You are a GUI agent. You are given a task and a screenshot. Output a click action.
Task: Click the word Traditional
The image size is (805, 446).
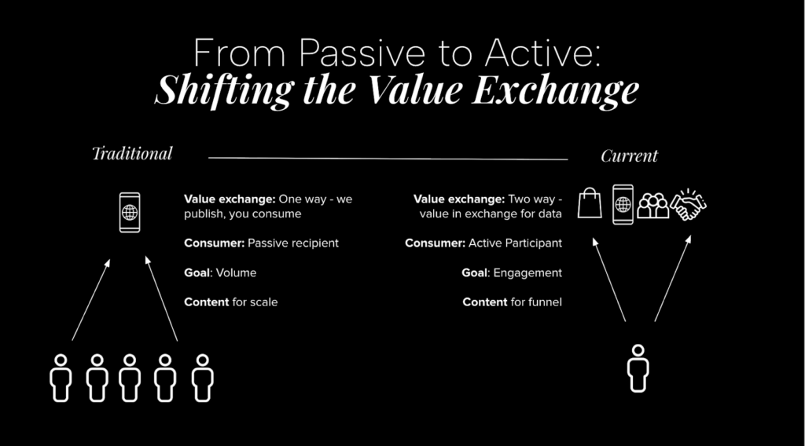(132, 153)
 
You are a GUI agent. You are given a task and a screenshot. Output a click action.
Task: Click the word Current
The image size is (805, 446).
(629, 156)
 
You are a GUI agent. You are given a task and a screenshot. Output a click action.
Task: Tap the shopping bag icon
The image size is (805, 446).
(590, 203)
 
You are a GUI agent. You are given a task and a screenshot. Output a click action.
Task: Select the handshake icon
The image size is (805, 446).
(689, 203)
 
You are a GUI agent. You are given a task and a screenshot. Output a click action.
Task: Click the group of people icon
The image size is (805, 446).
(652, 205)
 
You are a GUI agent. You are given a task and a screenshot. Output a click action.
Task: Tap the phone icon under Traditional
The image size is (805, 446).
(130, 212)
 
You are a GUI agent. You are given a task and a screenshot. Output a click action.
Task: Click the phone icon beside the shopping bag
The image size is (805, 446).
(623, 204)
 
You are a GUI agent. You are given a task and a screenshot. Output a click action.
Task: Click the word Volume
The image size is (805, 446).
(238, 272)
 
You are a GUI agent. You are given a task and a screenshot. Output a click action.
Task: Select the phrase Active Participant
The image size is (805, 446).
(515, 243)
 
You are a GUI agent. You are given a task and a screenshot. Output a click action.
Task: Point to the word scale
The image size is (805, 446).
(264, 302)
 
